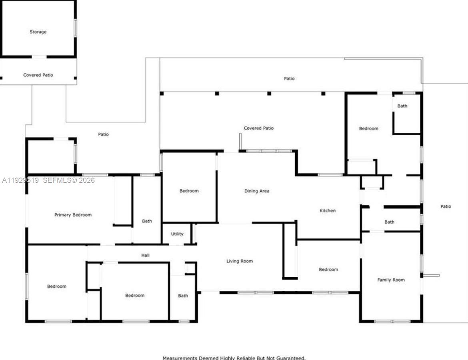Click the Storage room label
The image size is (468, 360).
click(38, 32)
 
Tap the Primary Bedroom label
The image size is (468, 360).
click(73, 215)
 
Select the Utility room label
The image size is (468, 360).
click(177, 234)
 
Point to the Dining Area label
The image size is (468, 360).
click(257, 191)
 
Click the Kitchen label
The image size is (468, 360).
click(327, 210)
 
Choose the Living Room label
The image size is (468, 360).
click(240, 261)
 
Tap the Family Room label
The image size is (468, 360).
click(391, 280)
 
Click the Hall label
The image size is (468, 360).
click(145, 255)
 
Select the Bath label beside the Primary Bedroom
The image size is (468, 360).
click(147, 221)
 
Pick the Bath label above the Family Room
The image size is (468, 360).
click(389, 222)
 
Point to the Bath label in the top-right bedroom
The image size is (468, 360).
click(402, 106)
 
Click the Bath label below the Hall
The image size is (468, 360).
click(183, 296)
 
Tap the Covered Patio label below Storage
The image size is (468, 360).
click(38, 75)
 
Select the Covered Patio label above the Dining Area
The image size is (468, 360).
click(259, 128)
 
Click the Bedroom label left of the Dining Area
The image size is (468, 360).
click(189, 191)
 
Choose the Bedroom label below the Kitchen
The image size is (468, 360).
click(328, 270)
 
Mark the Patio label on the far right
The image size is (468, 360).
click(446, 206)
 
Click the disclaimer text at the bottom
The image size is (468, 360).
click(234, 358)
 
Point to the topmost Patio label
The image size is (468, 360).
click(289, 78)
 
